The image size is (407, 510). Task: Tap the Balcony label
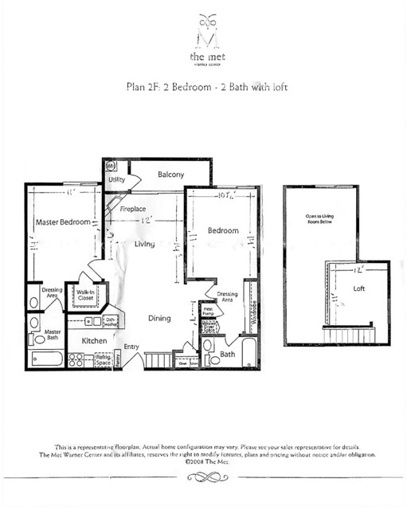(170, 175)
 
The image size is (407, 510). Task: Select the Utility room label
(116, 180)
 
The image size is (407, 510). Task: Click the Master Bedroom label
(62, 222)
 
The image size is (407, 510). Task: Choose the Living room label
(144, 244)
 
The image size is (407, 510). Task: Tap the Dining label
(159, 319)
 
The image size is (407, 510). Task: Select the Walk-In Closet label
(85, 296)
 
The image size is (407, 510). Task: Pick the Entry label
(131, 346)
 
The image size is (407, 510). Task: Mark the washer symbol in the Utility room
(112, 167)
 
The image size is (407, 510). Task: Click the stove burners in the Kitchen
(76, 361)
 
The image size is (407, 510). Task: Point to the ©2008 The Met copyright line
(203, 461)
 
